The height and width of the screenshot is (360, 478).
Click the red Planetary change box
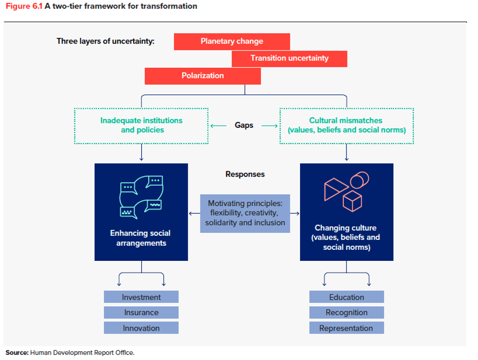(232, 41)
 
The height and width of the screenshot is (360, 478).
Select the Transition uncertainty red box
(289, 58)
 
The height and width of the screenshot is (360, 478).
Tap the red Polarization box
(202, 76)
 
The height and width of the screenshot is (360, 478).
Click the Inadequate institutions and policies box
(141, 125)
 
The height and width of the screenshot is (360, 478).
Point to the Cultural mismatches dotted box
(346, 125)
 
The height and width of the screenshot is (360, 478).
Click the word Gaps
(244, 125)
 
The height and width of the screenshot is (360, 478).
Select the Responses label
(245, 174)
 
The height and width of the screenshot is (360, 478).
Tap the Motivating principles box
(245, 213)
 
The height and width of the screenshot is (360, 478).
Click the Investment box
(141, 297)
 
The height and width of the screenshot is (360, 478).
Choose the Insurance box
(141, 312)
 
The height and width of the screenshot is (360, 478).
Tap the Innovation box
(141, 328)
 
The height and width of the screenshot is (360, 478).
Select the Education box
(346, 297)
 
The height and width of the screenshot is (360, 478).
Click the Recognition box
(346, 312)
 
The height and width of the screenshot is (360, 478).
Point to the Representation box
(346, 328)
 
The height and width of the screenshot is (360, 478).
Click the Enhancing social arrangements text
(141, 238)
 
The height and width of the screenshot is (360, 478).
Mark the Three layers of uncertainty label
(105, 41)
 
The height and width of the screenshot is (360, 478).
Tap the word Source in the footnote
(17, 352)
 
